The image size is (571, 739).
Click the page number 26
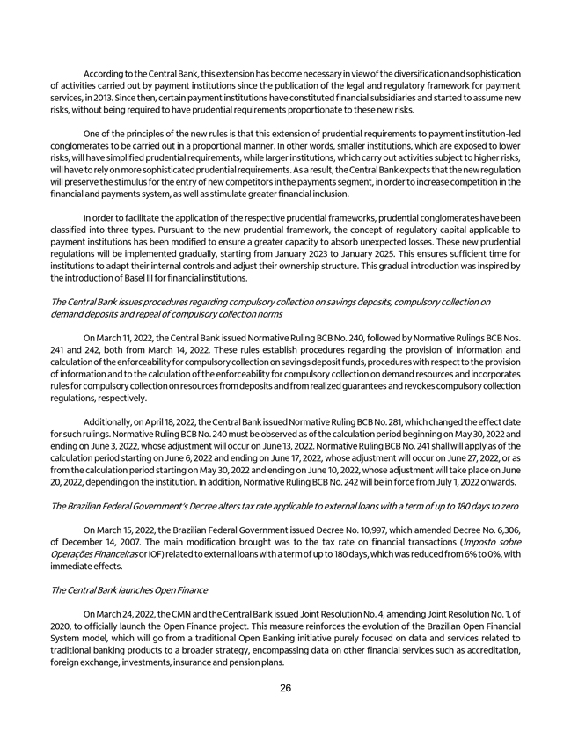(x=286, y=688)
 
